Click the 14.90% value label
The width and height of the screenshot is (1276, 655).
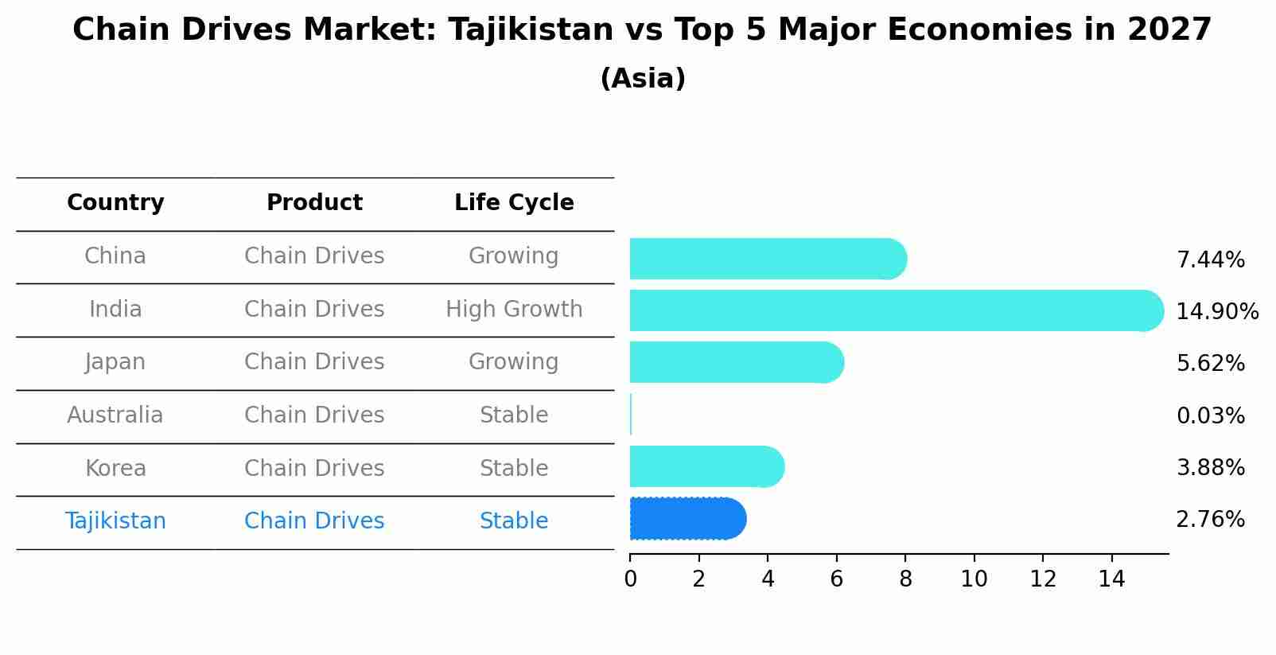point(1216,311)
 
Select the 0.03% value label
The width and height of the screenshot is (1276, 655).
point(1210,415)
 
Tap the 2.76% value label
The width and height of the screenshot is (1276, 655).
point(1210,520)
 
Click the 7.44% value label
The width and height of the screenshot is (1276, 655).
point(1210,259)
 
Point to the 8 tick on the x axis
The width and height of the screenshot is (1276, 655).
point(905,579)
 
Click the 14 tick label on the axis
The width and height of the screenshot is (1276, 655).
point(1111,579)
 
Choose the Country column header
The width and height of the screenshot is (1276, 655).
point(115,203)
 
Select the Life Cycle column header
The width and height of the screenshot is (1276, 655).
point(514,203)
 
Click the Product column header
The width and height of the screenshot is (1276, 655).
point(314,203)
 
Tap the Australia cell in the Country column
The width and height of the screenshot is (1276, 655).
point(115,415)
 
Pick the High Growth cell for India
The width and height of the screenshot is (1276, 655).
point(514,309)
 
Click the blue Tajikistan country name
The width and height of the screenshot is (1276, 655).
point(115,521)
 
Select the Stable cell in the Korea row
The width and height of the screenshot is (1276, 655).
point(514,468)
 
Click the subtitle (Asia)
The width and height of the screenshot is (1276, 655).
point(643,79)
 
